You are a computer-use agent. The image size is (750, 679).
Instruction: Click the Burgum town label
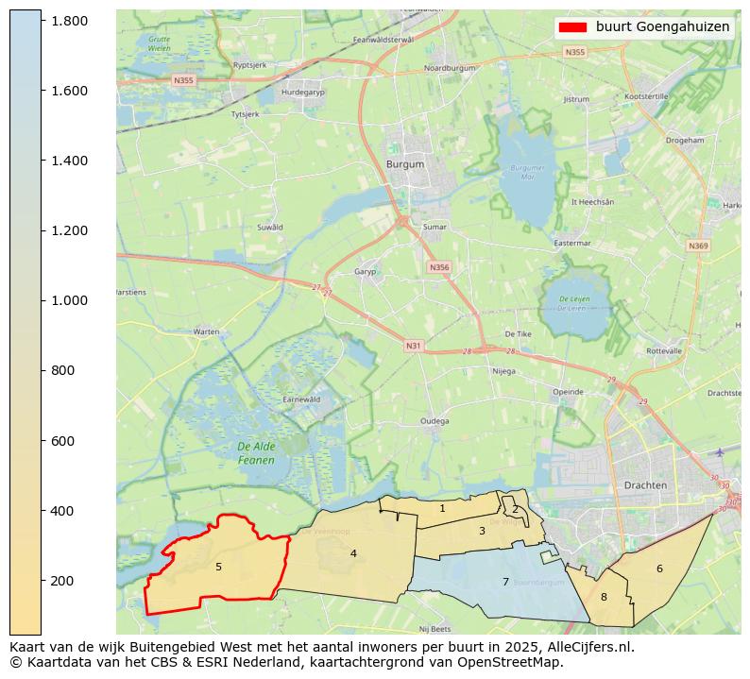point(405,163)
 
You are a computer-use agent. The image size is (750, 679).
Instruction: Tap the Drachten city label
point(645,484)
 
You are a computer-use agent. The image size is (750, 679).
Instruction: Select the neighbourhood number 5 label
point(218,567)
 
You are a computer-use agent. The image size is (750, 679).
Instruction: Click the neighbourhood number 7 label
point(505,582)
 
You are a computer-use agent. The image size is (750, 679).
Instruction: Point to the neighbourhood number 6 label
point(659,569)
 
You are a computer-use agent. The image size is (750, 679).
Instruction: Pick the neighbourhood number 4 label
point(353,553)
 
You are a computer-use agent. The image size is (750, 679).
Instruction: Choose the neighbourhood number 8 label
point(604,597)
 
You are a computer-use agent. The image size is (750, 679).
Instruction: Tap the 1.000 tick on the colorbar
point(69,300)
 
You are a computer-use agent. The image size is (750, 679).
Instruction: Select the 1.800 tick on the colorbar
point(69,21)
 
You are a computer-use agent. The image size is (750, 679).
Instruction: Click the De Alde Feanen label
point(256,453)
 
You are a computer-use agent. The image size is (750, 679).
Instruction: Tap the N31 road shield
point(413,346)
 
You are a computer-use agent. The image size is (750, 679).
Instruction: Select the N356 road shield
point(439,267)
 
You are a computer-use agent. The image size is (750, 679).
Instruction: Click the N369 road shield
point(697,246)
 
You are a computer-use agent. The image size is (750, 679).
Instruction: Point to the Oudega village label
point(435,421)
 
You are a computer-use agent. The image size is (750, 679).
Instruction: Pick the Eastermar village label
point(571,243)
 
